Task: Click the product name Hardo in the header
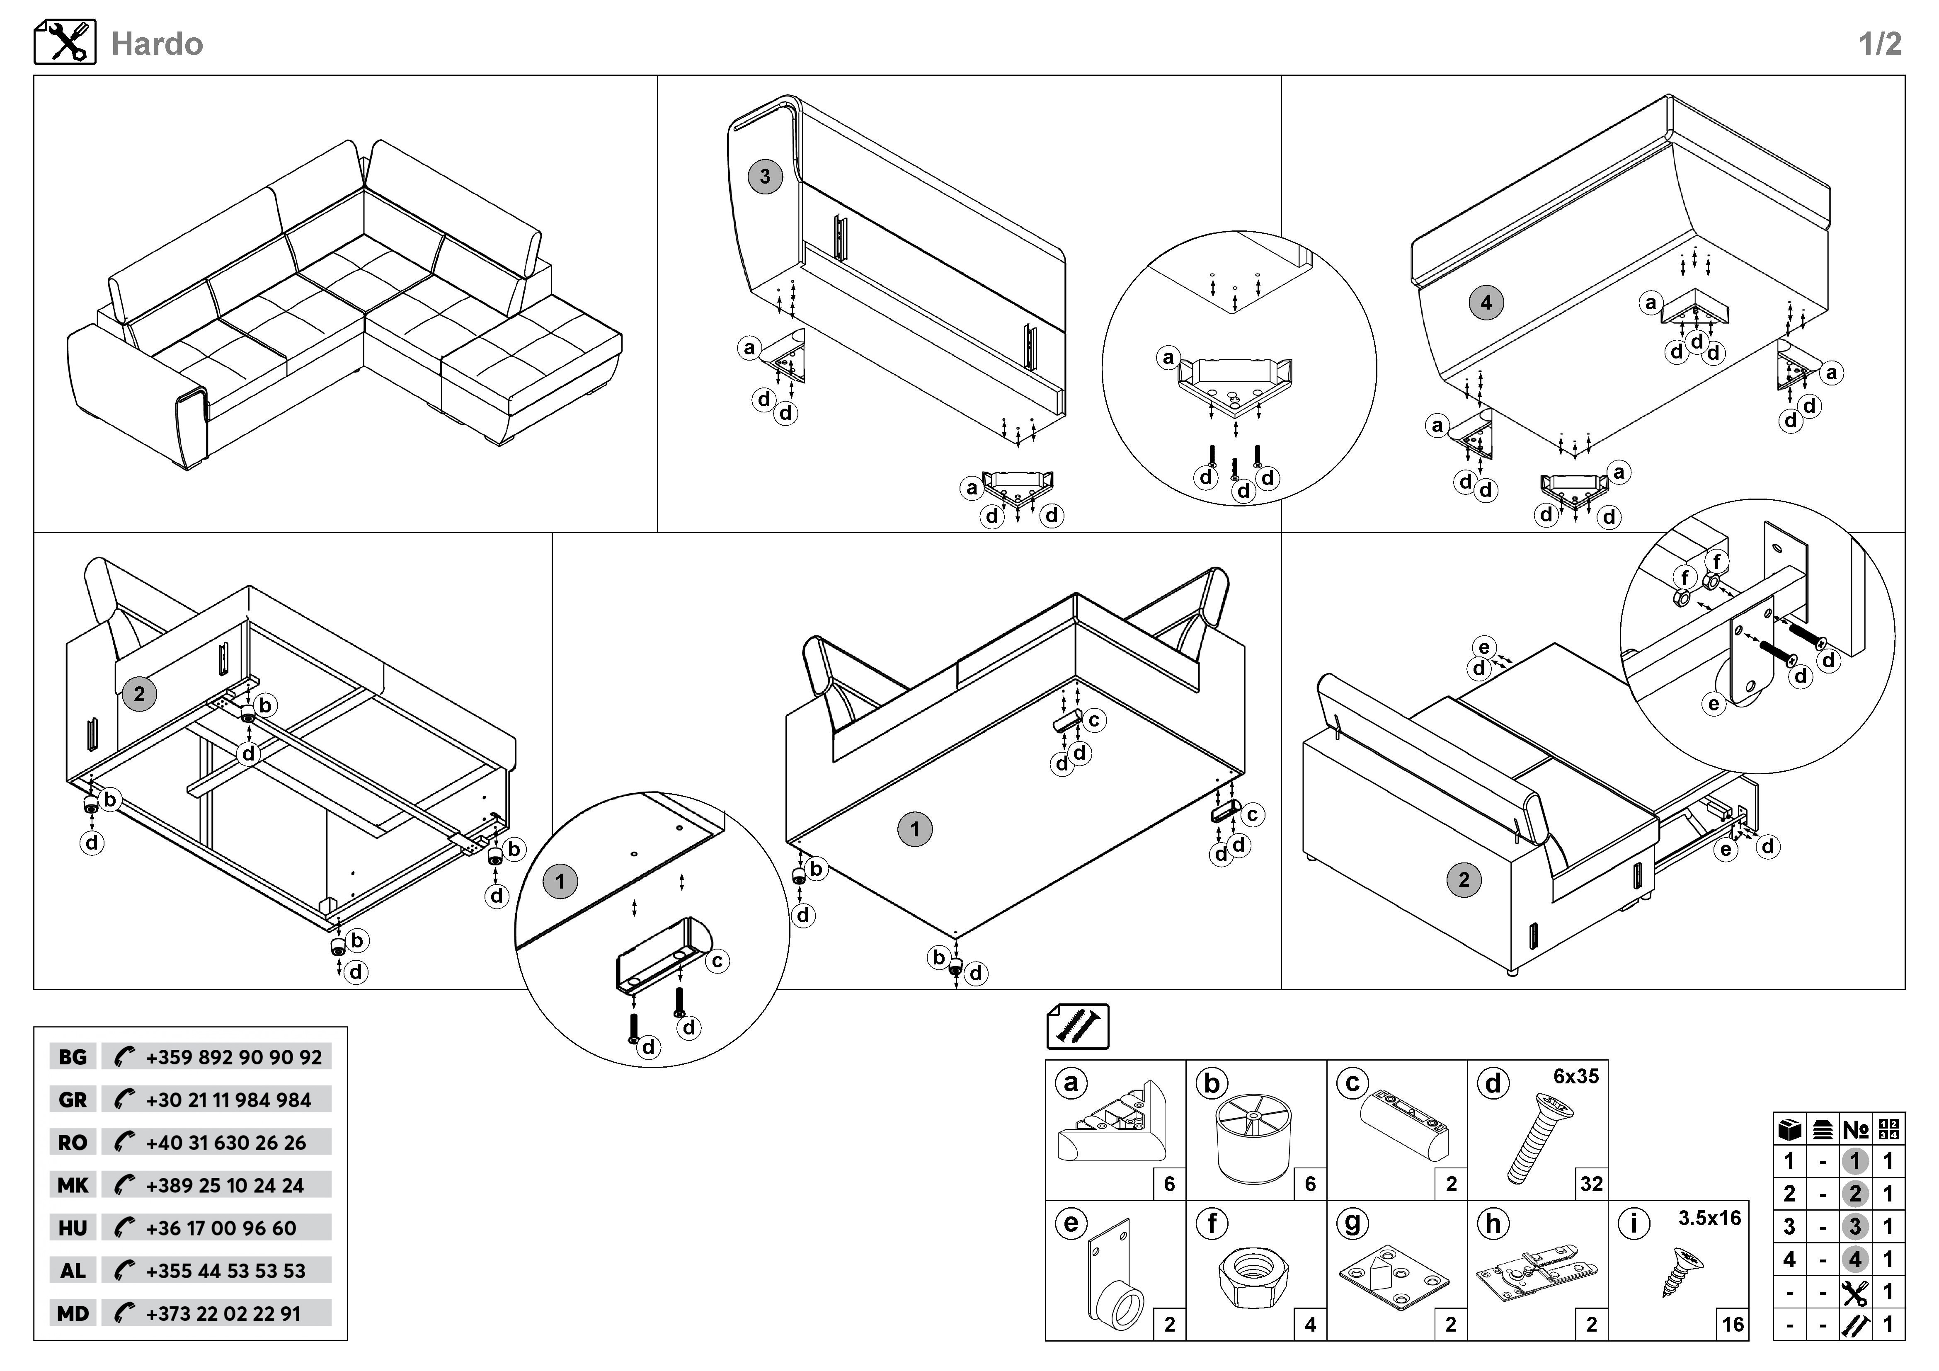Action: coord(157,44)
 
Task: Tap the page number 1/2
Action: coord(1880,44)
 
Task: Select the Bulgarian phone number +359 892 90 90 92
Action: coord(233,1057)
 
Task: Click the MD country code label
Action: coord(73,1313)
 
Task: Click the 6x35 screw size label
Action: coord(1576,1076)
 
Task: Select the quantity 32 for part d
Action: coord(1591,1184)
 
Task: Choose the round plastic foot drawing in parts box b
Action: coord(1253,1137)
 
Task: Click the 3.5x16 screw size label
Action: coord(1709,1218)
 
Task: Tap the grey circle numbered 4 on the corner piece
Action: coord(1486,302)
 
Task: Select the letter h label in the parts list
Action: coord(1493,1223)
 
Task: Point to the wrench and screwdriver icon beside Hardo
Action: coord(65,42)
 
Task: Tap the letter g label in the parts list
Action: coord(1352,1223)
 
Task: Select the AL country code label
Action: coord(73,1271)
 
